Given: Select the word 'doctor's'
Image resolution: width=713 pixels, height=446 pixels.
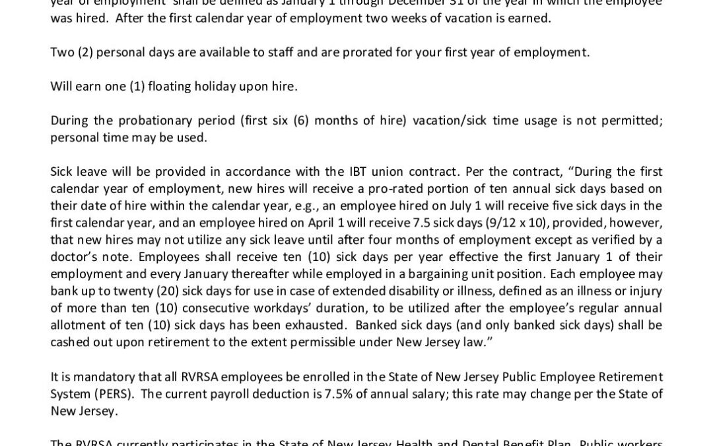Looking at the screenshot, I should pyautogui.click(x=74, y=256).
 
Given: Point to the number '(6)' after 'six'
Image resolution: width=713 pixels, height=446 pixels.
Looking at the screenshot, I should pyautogui.click(x=302, y=120).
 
